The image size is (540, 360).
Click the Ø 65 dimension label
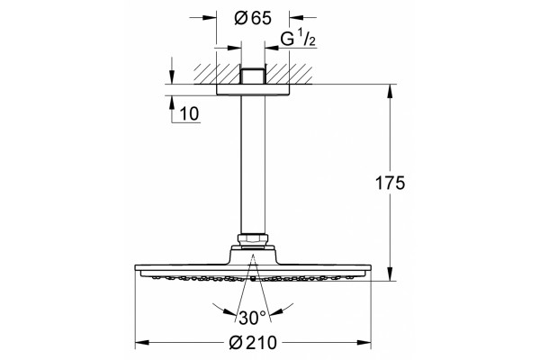tap(253, 18)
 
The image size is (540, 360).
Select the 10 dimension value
tap(189, 113)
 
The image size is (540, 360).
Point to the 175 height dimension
tap(390, 183)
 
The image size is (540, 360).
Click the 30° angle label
tap(252, 318)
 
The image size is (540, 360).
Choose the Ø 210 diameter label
tap(253, 342)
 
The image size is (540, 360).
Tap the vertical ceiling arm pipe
tap(253, 165)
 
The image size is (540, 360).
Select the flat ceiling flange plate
tap(253, 89)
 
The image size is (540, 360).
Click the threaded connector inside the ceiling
tap(253, 76)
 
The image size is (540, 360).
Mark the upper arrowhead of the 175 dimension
tap(390, 91)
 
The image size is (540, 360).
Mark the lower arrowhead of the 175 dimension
tap(390, 274)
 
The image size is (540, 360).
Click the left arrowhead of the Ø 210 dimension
tap(142, 342)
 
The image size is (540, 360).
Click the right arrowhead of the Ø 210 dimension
tap(364, 342)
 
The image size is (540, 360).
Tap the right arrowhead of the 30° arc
tap(276, 311)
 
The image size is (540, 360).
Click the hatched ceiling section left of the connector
tap(217, 74)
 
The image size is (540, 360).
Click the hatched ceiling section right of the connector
tap(289, 74)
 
